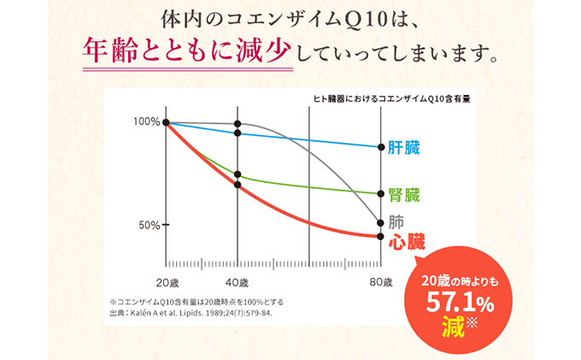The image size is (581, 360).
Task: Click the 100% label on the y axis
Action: coord(146,121)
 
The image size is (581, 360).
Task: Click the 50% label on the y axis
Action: coord(149,225)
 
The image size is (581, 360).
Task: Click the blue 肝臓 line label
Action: coord(404,147)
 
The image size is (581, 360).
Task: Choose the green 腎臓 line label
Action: coord(404,194)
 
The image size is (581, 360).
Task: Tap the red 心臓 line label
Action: coord(407,242)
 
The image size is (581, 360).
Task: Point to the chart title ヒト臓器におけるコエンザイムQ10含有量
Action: coord(391,99)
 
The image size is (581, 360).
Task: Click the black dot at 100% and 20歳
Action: coord(167,122)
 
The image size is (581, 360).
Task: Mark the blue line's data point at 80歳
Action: coord(380,147)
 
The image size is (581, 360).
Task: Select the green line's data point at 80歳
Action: coord(380,193)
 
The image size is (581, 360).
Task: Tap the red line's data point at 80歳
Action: coord(380,236)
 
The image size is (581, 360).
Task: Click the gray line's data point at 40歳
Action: coord(238,124)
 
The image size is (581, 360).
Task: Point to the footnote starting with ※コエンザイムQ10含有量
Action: coord(197,302)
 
